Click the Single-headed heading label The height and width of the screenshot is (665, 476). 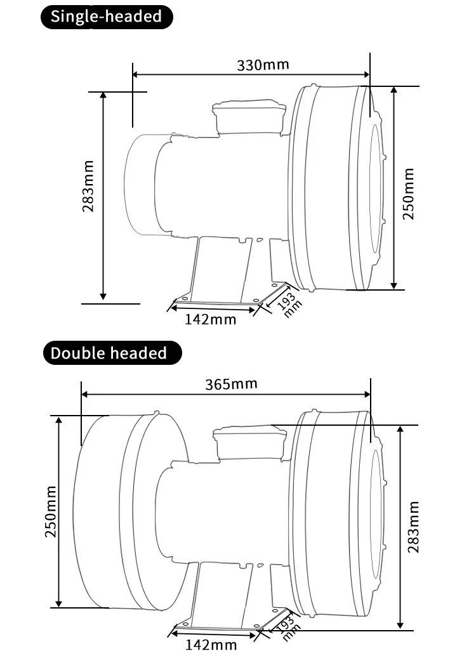click(106, 16)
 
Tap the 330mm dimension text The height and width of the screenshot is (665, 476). click(263, 65)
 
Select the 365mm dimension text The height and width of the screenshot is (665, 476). click(232, 384)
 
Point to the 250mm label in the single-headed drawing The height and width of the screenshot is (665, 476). click(409, 194)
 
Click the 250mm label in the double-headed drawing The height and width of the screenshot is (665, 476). click(51, 511)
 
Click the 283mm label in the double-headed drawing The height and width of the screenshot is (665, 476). click(413, 527)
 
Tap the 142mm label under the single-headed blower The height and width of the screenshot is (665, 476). click(210, 319)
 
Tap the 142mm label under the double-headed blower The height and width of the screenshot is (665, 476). click(211, 645)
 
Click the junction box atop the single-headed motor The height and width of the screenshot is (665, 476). click(248, 116)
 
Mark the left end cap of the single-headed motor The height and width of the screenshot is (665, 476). click(140, 184)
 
